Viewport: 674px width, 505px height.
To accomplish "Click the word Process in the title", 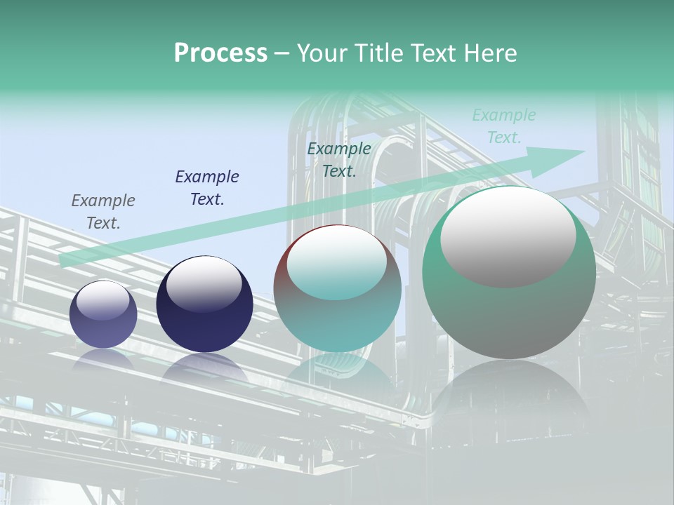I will (220, 53).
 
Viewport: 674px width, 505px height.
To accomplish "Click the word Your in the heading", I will (322, 53).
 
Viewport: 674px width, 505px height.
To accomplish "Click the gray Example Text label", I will (103, 212).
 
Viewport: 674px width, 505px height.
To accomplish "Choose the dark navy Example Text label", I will (207, 188).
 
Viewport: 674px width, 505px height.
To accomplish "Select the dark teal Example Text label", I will (339, 160).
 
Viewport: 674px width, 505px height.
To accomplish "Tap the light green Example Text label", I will (504, 126).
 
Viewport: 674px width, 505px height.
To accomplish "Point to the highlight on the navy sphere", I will (204, 281).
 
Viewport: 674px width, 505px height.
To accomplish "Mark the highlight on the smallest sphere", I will (103, 301).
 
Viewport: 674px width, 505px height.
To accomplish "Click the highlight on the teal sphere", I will (337, 263).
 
